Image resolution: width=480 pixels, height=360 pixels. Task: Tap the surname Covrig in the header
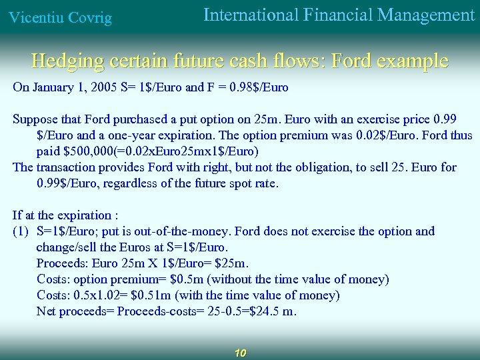tap(88, 18)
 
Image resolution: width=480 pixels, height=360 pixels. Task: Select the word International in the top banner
tap(249, 15)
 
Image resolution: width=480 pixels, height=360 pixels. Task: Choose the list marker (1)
tap(20, 231)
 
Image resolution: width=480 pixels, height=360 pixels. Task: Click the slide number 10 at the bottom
tap(241, 353)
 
